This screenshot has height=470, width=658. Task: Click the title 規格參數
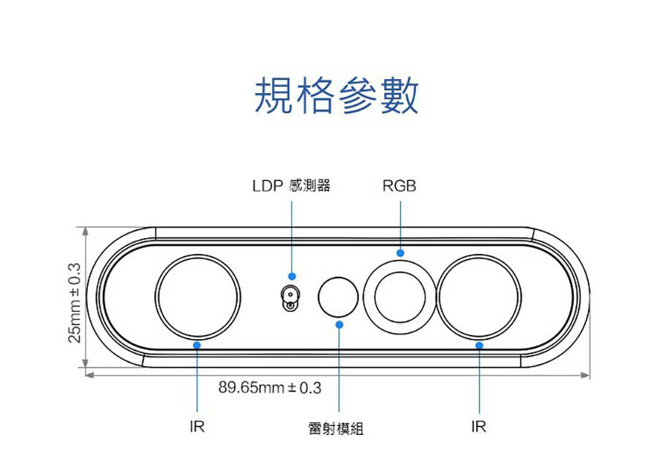point(336,96)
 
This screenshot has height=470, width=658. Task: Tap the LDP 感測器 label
point(291,186)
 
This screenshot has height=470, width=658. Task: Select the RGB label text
point(399,186)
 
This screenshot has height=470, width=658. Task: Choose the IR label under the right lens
point(479,427)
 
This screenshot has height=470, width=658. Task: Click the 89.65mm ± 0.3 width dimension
point(270,387)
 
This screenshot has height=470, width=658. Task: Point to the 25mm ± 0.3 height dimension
point(74,300)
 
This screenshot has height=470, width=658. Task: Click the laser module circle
point(339,296)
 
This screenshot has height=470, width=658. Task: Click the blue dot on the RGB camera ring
point(400,253)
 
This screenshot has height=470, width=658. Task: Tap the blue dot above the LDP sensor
point(292,276)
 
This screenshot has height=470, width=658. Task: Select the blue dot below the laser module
point(339,324)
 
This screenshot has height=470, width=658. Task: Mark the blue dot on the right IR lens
point(479,344)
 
